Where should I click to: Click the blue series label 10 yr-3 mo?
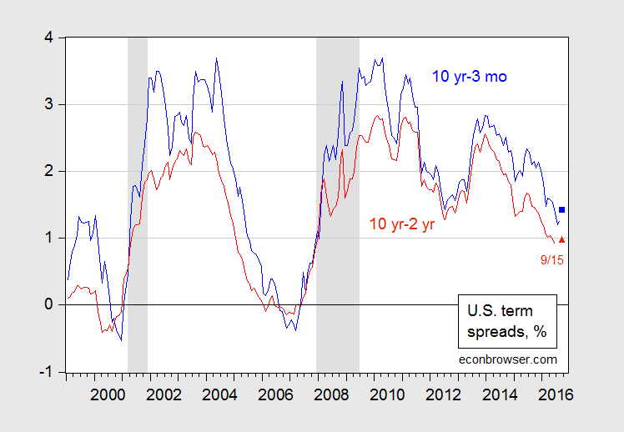470,78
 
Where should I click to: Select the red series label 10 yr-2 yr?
403,224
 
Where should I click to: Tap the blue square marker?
562,210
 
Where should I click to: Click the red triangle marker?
562,239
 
